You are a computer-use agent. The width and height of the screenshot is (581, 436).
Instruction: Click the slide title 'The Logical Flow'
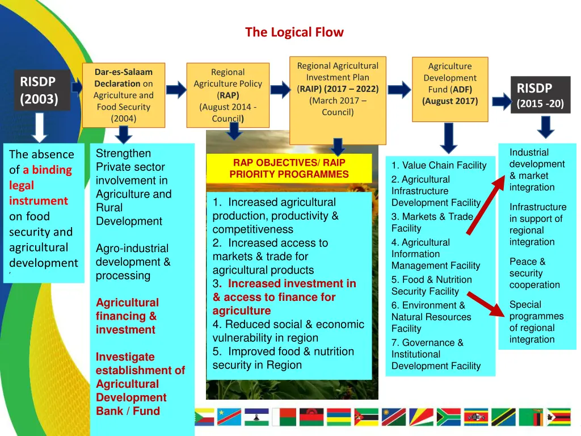(x=294, y=32)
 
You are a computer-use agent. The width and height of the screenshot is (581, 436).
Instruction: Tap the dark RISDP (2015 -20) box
(x=540, y=95)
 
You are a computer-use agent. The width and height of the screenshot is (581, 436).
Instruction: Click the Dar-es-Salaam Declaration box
(x=123, y=95)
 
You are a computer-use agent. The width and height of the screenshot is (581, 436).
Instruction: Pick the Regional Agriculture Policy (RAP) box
(x=228, y=95)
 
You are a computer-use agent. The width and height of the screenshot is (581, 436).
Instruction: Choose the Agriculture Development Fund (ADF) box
(x=449, y=89)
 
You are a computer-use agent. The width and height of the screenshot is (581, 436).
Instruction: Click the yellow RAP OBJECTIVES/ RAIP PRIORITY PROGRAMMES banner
(x=289, y=169)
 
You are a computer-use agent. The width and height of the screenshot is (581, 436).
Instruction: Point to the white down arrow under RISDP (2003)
(x=39, y=127)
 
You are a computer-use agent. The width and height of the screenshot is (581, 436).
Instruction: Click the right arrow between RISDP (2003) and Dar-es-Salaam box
(x=78, y=86)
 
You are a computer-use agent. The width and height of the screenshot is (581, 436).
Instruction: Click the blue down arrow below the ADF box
(x=449, y=138)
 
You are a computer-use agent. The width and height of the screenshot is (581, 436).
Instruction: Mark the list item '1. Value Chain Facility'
(x=439, y=165)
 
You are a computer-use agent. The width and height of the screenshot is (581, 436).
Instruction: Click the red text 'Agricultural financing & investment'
(x=127, y=316)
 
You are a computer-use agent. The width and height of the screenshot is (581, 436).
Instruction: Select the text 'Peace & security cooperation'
(x=534, y=273)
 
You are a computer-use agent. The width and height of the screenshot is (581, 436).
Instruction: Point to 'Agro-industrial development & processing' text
(x=133, y=262)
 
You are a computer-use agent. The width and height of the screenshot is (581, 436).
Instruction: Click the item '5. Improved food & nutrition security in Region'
(x=283, y=358)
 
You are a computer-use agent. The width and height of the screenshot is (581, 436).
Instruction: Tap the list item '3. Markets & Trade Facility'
(x=432, y=222)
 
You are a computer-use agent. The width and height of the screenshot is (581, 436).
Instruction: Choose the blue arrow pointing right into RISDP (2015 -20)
(x=501, y=102)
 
